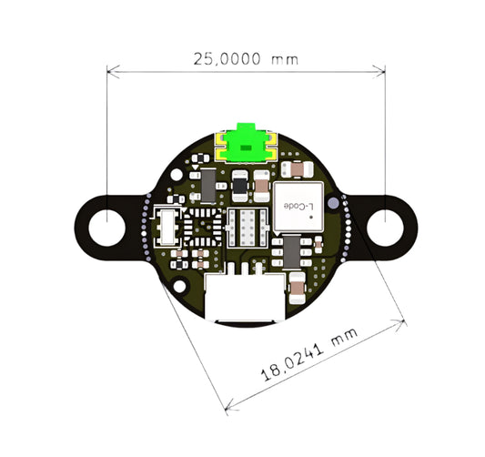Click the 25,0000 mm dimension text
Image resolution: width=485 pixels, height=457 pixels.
[246, 59]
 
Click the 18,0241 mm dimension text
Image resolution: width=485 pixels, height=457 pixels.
[309, 355]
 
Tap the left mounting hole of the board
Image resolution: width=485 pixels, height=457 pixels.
[107, 228]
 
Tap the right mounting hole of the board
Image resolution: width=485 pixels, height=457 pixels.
[385, 228]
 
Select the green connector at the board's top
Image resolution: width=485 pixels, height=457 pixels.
[247, 143]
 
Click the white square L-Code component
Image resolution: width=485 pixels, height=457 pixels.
[298, 208]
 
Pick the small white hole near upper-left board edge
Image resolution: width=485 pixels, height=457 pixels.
[177, 175]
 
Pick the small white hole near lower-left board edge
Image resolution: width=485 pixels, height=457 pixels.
[179, 286]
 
